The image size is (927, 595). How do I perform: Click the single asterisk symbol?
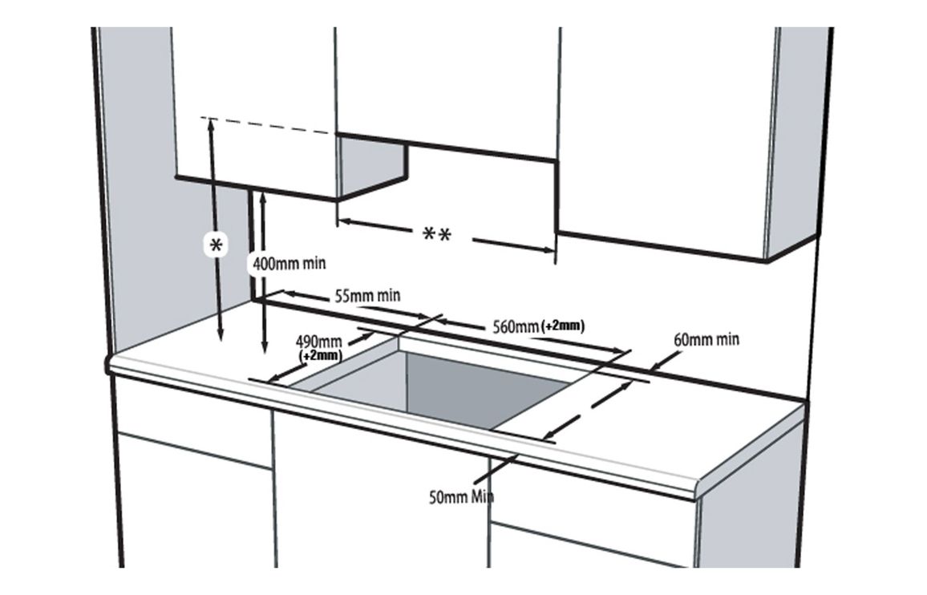[216, 246]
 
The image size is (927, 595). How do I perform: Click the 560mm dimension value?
[514, 326]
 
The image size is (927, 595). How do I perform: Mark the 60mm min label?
[706, 339]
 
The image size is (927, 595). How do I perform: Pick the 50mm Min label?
[462, 496]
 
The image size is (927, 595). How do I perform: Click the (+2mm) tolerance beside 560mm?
[564, 326]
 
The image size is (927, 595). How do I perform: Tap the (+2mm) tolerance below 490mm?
[320, 354]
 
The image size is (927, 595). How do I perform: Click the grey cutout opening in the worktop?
[449, 385]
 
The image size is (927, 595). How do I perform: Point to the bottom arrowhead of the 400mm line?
[264, 348]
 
